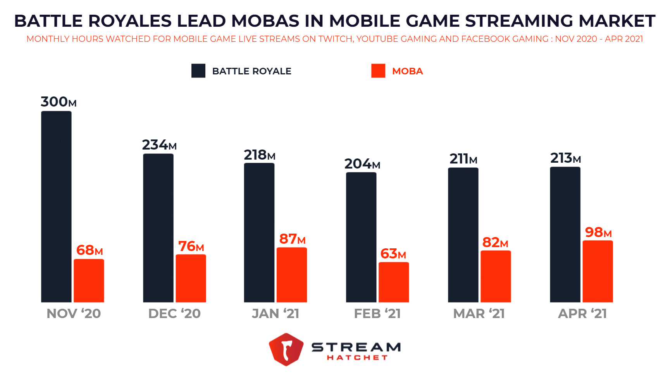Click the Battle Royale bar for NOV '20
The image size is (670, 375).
point(56,206)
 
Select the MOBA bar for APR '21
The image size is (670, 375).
point(598,271)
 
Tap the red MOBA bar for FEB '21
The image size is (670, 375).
point(393,282)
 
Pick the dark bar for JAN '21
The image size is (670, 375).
point(259,232)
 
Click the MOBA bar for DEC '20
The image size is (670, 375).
point(191,278)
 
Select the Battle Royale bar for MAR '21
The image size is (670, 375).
point(463,235)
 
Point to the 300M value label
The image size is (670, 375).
point(59,102)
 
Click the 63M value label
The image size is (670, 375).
point(393,254)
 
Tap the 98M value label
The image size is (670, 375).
point(598,232)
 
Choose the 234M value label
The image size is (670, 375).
point(159,145)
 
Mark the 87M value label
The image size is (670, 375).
point(292,239)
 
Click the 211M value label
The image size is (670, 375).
point(463,159)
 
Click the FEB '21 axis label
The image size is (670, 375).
point(377,313)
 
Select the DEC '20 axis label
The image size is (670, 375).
point(174,313)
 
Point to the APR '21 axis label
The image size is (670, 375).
point(582,313)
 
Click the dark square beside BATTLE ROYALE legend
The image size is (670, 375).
point(198,71)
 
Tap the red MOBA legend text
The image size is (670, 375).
point(407,71)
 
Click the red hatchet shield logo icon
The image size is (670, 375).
point(286,349)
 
